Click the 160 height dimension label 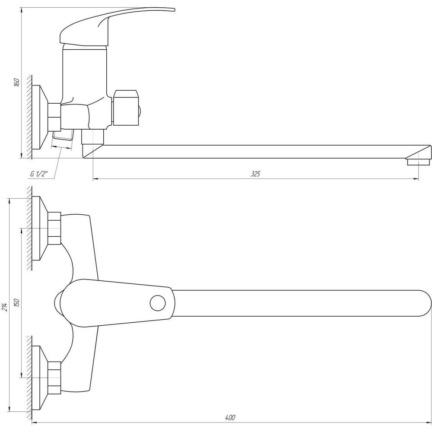[x=17, y=83]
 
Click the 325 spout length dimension [x=255, y=174]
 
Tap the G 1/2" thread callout [x=39, y=174]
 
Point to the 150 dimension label [x=17, y=303]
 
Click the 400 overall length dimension [x=230, y=417]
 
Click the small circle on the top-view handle [x=158, y=303]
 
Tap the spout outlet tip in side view [x=418, y=162]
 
